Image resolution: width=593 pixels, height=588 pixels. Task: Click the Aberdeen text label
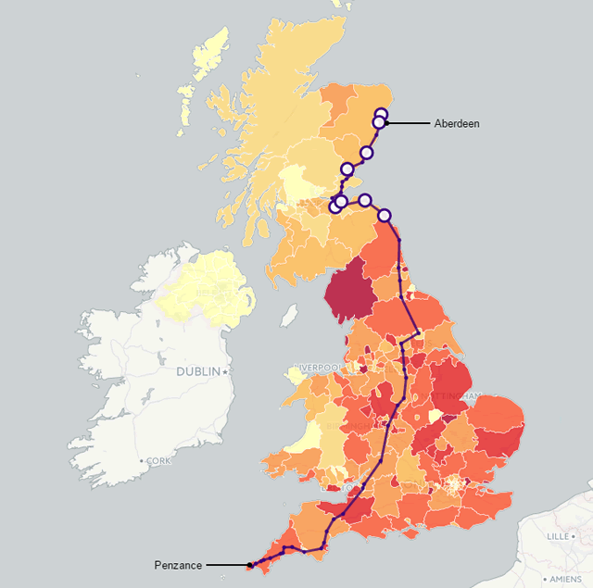[457, 123]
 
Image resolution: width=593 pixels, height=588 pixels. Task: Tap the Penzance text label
[178, 565]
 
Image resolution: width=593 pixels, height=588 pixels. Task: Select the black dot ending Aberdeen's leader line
[387, 123]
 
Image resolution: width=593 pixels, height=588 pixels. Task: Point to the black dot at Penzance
[249, 565]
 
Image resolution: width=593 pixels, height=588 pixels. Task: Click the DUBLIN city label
[198, 371]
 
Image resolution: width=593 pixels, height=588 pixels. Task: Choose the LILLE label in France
[558, 535]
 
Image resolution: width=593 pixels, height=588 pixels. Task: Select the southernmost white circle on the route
[385, 215]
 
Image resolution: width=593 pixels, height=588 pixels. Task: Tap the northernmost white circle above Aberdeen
[381, 114]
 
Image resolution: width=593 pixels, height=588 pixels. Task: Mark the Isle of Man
[289, 318]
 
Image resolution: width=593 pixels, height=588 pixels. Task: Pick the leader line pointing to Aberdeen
[410, 123]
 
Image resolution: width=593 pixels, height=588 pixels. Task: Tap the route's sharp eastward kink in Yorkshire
[418, 332]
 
